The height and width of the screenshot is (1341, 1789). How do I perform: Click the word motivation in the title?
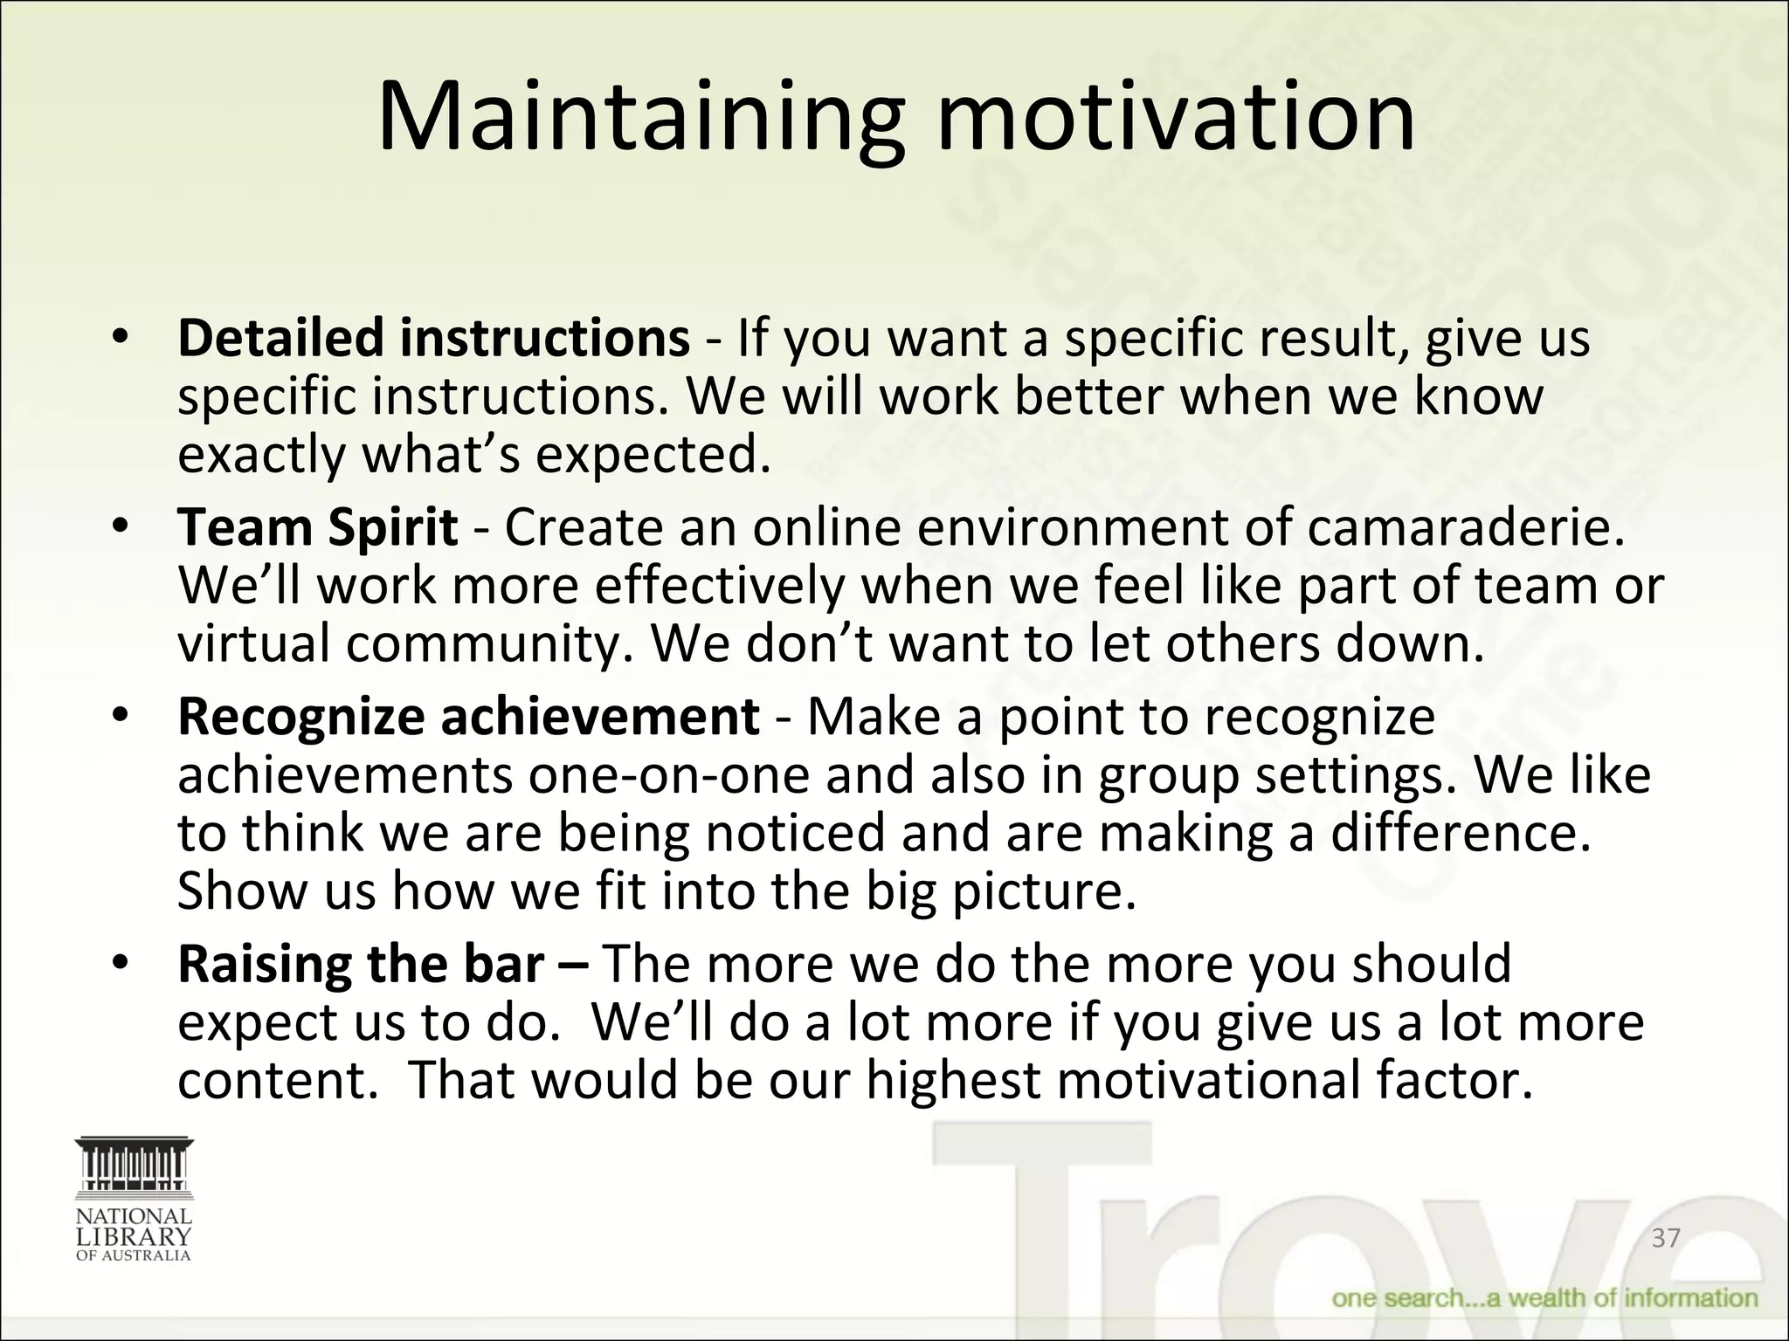pyautogui.click(x=1175, y=118)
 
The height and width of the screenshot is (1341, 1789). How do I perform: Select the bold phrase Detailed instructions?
pyautogui.click(x=433, y=339)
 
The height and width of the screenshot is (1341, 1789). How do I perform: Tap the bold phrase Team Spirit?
pyautogui.click(x=317, y=528)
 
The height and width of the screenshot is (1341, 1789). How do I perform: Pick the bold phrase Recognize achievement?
pyautogui.click(x=468, y=717)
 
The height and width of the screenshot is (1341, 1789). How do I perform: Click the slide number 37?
pyautogui.click(x=1666, y=1238)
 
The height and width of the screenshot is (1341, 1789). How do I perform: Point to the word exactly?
pyautogui.click(x=261, y=455)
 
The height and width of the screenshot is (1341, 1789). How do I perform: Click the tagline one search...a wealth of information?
pyautogui.click(x=1544, y=1298)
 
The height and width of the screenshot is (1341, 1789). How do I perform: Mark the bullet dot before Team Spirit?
pyautogui.click(x=121, y=528)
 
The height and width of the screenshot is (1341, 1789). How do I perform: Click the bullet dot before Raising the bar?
pyautogui.click(x=121, y=964)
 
